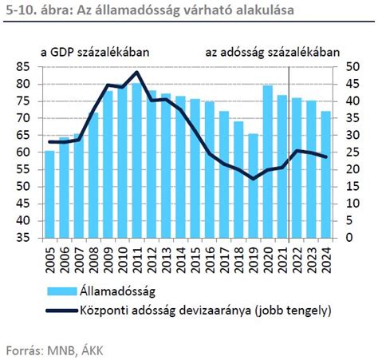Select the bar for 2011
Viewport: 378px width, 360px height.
tap(136, 160)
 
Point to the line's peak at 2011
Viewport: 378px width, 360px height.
tap(136, 73)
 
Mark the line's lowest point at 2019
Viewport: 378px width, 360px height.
tap(253, 179)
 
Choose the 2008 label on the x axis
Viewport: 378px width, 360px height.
tap(93, 260)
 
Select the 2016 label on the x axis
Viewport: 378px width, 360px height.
tap(210, 260)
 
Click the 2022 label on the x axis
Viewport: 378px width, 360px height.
tap(297, 260)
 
